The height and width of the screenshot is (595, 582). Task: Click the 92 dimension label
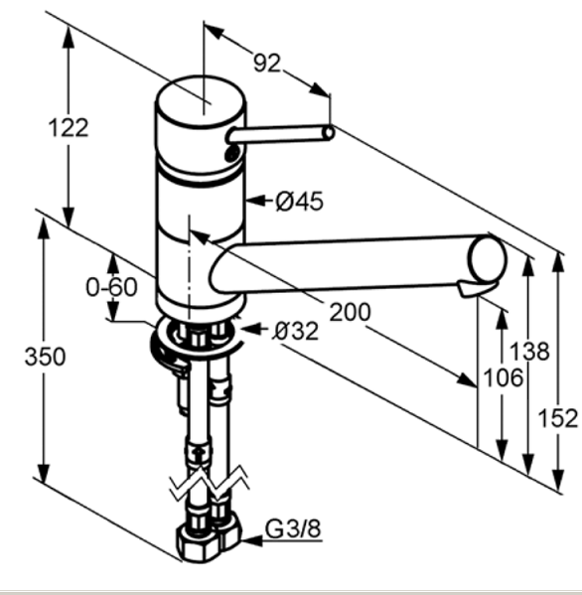click(x=267, y=63)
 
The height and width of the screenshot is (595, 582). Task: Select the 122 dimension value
click(x=69, y=127)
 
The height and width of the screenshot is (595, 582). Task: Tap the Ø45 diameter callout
click(x=300, y=201)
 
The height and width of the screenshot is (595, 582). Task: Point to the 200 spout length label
click(x=350, y=312)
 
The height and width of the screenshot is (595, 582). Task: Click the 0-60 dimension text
click(x=111, y=287)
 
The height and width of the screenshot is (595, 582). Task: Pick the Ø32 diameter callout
click(x=296, y=331)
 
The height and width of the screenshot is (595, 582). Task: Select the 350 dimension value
click(x=45, y=357)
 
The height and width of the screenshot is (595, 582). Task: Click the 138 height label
click(x=529, y=351)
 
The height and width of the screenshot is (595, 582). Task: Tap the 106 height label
click(x=504, y=377)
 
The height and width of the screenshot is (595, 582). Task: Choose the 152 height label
click(x=558, y=418)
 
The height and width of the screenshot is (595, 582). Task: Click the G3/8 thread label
click(x=293, y=528)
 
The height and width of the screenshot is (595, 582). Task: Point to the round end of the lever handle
click(x=329, y=133)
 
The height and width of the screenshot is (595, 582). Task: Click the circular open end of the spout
click(x=487, y=259)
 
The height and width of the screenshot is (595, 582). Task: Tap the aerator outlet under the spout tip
click(x=475, y=289)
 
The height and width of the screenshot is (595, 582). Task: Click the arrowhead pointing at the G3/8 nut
click(x=251, y=540)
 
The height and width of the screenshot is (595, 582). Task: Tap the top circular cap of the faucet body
click(x=201, y=100)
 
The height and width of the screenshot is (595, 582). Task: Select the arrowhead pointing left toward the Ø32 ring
click(x=251, y=329)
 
